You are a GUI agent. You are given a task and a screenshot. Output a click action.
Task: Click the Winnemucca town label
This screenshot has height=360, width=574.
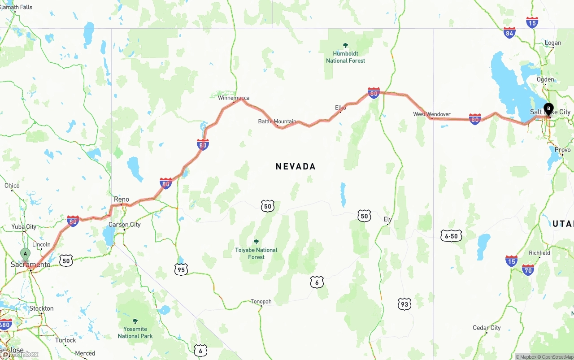click(234, 98)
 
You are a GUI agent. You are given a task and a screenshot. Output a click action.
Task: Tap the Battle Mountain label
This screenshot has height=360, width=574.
click(277, 121)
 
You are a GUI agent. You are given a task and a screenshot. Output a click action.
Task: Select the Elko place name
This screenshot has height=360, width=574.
click(340, 108)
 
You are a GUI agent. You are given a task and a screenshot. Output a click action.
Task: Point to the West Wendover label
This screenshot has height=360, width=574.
click(431, 114)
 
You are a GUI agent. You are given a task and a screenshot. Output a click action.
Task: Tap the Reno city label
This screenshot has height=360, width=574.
click(122, 200)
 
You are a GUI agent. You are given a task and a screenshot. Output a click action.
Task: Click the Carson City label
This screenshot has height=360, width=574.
click(125, 225)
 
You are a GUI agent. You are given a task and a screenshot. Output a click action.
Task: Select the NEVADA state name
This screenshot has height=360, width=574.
click(296, 166)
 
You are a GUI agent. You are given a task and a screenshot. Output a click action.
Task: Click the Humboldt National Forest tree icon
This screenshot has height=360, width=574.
click(345, 45)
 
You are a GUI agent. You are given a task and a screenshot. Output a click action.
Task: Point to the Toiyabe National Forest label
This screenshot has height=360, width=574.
click(256, 253)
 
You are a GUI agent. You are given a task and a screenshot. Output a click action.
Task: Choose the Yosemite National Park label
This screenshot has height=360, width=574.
click(135, 332)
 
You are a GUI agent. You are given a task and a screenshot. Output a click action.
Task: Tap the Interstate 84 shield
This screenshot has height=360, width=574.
click(509, 32)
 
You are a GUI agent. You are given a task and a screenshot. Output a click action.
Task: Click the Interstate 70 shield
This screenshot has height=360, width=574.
click(528, 269)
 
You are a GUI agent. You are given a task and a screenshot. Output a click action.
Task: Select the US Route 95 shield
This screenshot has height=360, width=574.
click(181, 269)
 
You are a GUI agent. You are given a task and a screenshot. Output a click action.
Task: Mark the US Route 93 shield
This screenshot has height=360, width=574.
click(404, 304)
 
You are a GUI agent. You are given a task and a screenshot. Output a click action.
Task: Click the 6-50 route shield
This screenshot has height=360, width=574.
click(451, 236)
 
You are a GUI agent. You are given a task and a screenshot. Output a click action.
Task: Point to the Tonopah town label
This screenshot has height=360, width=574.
click(261, 302)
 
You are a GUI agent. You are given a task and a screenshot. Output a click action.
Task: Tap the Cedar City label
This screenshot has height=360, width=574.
click(487, 328)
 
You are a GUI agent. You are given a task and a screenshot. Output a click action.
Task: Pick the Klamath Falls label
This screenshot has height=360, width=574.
click(16, 7)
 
